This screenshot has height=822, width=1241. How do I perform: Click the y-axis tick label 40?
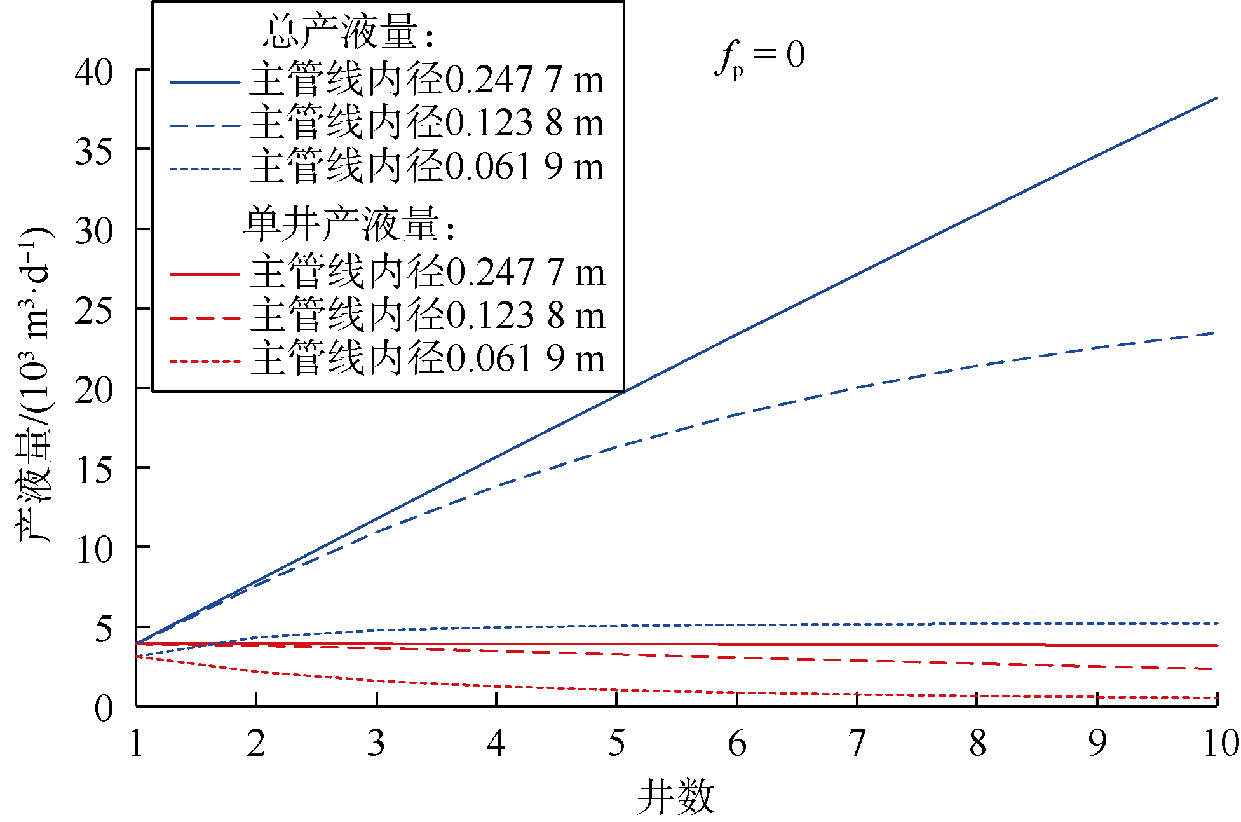pos(93,72)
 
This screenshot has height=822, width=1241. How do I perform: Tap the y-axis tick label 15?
pos(93,470)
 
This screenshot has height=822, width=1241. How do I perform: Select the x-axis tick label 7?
pos(857,743)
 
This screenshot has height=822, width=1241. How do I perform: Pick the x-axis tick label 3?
pos(376,743)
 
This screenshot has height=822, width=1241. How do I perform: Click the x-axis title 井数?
pos(675,797)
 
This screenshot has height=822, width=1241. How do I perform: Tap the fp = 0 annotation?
pos(761,57)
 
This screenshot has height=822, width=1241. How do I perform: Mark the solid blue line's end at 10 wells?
pos(1216,99)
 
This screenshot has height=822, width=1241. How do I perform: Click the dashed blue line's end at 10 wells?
pos(1214,333)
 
